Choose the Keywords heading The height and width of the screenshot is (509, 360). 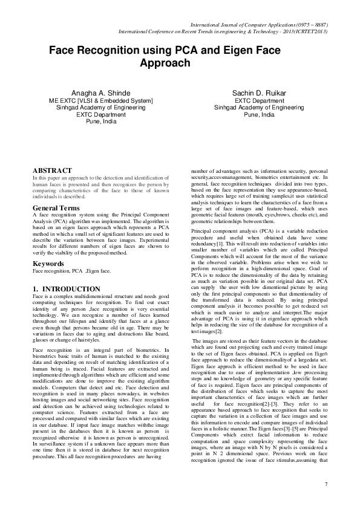click(x=48, y=264)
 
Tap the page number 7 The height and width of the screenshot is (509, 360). click(x=326, y=484)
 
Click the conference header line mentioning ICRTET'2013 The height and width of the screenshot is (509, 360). click(x=223, y=31)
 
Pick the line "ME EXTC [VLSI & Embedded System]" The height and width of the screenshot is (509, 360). click(x=100, y=100)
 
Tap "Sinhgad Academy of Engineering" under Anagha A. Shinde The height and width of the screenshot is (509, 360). click(x=101, y=108)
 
